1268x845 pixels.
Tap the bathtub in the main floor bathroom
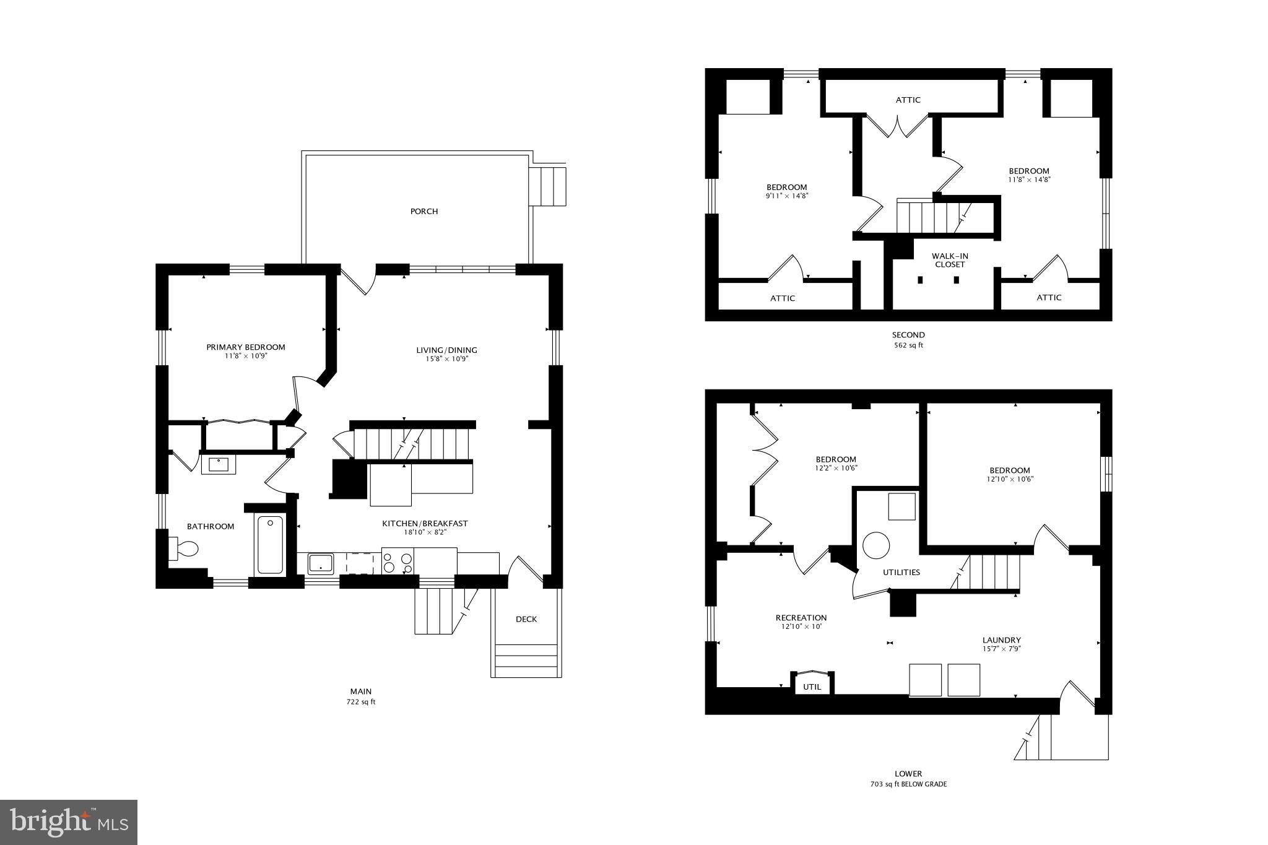click(x=270, y=545)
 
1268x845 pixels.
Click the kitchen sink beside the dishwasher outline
click(x=321, y=563)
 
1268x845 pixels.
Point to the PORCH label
click(x=424, y=212)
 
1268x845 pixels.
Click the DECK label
click(x=526, y=619)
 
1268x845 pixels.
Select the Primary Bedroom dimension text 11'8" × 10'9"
click(x=246, y=356)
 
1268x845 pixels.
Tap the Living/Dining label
click(x=446, y=350)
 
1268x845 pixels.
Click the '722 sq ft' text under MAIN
click(x=361, y=702)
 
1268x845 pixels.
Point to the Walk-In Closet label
click(x=950, y=260)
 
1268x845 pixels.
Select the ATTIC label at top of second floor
click(x=908, y=100)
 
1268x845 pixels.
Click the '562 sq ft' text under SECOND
click(x=908, y=345)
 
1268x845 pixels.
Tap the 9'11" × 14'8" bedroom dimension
click(x=787, y=196)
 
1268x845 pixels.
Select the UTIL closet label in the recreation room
click(x=812, y=687)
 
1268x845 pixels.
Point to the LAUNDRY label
click(x=1001, y=640)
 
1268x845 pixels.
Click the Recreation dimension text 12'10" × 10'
click(x=801, y=626)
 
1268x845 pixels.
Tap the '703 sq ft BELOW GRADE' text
click(x=908, y=784)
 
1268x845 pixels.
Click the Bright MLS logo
click(x=69, y=822)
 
